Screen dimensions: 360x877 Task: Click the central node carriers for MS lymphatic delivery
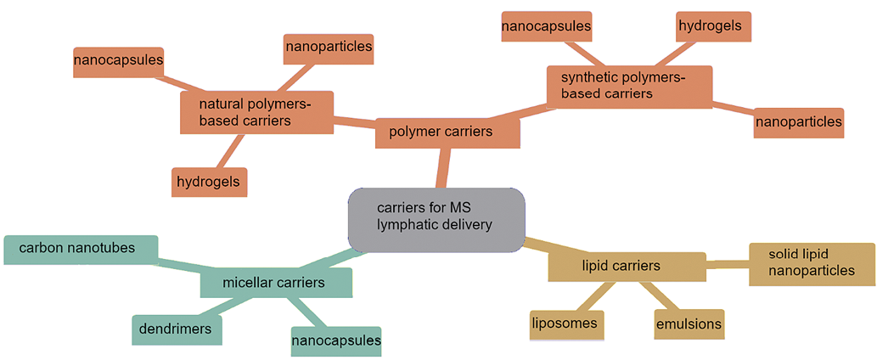(436, 220)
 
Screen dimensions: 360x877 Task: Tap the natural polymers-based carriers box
(256, 112)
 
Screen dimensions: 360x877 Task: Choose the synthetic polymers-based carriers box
(628, 86)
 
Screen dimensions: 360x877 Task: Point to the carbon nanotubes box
(81, 250)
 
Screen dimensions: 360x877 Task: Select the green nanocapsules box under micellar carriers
(336, 341)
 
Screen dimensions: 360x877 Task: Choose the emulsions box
(689, 323)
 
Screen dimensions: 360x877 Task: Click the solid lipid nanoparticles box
(812, 262)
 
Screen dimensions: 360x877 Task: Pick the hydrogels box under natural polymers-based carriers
(209, 182)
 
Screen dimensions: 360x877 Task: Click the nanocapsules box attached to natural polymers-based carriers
(119, 61)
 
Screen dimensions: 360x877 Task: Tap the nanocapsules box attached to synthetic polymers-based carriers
(546, 26)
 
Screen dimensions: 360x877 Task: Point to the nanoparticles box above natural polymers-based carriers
(329, 47)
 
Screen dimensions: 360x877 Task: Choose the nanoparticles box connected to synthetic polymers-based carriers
(798, 122)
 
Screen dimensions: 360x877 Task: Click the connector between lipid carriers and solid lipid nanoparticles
(728, 264)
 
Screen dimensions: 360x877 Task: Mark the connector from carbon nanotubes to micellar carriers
(178, 262)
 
